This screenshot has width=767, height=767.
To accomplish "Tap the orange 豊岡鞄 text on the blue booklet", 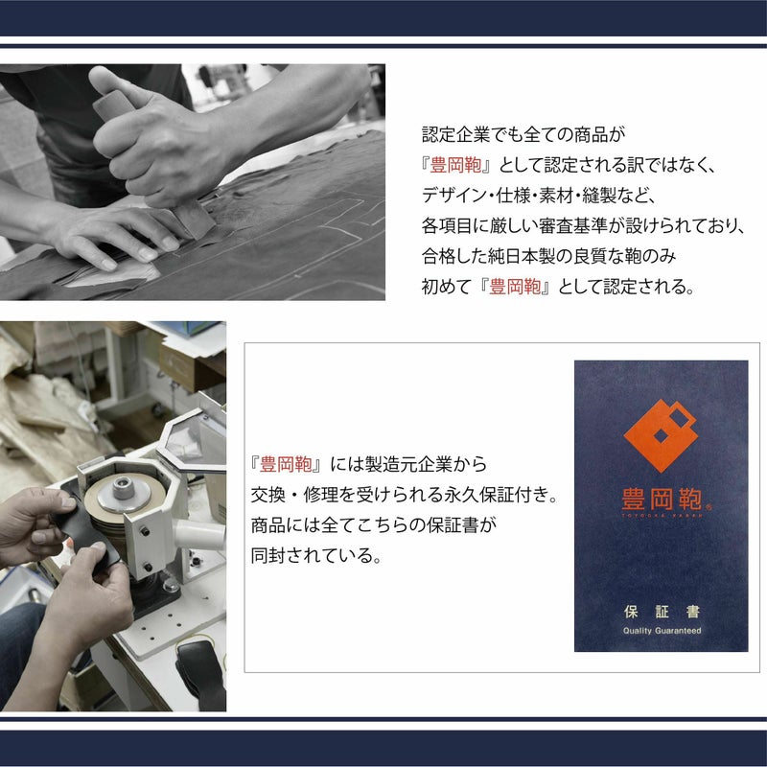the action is [x=662, y=499].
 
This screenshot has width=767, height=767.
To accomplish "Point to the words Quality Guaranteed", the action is [x=662, y=631].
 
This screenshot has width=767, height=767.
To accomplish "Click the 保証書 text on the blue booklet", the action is [x=662, y=612].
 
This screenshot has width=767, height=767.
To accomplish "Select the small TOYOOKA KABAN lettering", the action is [x=662, y=515].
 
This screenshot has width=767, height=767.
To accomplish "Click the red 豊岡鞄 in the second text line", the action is [x=455, y=165].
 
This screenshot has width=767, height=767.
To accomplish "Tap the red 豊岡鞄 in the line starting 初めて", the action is [x=515, y=287].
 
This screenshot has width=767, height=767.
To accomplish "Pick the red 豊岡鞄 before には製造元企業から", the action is [x=286, y=464].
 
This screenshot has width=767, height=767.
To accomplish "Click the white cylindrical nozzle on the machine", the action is [x=199, y=535].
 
